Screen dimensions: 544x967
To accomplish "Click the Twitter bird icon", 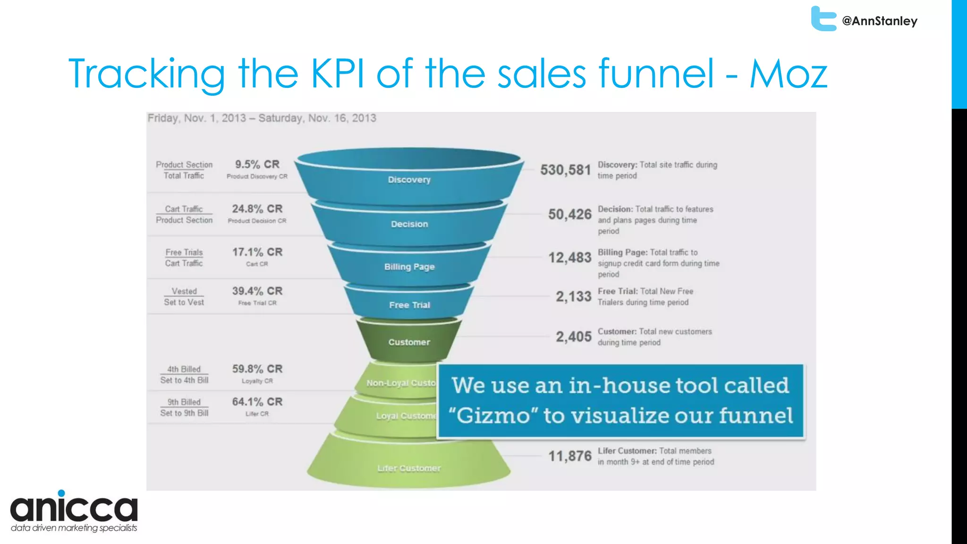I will tap(823, 19).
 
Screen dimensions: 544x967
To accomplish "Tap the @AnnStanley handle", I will tap(880, 21).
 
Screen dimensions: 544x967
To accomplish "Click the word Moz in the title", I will tap(789, 74).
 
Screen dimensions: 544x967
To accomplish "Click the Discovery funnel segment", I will tap(409, 179).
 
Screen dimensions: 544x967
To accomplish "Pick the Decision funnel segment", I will tap(409, 224).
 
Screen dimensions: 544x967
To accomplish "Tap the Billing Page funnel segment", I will tap(409, 267).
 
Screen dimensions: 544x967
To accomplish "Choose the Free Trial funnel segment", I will tap(409, 305).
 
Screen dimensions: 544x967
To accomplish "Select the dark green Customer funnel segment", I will tap(409, 342).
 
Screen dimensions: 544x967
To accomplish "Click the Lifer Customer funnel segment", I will tap(409, 467).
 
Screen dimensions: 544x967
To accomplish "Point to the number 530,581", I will tap(565, 170).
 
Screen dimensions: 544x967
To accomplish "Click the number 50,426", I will tap(569, 214).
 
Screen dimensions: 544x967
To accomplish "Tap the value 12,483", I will tap(569, 258).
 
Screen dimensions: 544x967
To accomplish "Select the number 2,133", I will tap(573, 297).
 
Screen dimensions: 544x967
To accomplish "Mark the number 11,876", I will tap(569, 456).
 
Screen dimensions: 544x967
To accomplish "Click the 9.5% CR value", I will tap(257, 164).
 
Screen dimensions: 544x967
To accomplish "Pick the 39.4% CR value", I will tap(257, 291).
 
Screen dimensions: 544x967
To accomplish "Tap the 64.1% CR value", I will tap(257, 402).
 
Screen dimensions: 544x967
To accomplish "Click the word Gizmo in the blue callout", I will tap(493, 416).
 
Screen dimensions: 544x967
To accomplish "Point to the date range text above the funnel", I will tap(262, 118).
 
